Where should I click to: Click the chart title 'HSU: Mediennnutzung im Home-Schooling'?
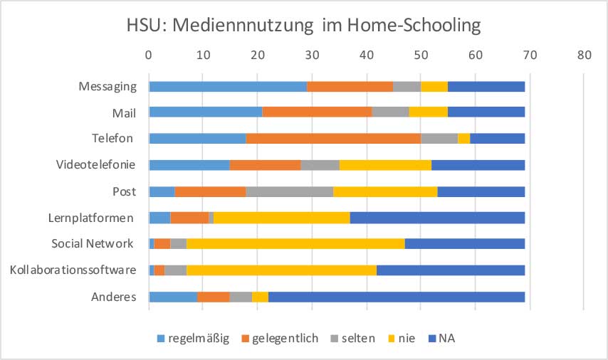click(x=304, y=26)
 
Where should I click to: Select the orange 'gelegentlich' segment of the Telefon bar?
click(x=333, y=139)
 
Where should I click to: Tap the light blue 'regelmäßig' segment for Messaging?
click(x=228, y=86)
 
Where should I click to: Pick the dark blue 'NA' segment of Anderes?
click(x=397, y=297)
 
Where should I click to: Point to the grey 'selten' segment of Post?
click(x=289, y=191)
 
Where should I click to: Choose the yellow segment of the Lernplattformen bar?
click(x=282, y=218)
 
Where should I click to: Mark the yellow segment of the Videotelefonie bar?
click(x=385, y=165)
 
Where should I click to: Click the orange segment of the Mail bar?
click(x=317, y=112)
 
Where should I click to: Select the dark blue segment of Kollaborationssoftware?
click(x=451, y=270)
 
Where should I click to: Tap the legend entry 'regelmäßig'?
click(x=193, y=338)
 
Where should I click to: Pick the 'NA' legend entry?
click(x=440, y=338)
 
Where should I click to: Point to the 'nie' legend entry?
click(x=400, y=338)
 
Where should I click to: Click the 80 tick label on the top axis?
click(x=584, y=54)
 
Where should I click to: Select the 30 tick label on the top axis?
click(x=312, y=54)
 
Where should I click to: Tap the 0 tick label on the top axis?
click(x=149, y=54)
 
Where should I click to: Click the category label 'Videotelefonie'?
click(x=96, y=165)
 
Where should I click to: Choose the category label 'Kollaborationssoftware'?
click(x=73, y=270)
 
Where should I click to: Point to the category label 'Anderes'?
click(x=113, y=297)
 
